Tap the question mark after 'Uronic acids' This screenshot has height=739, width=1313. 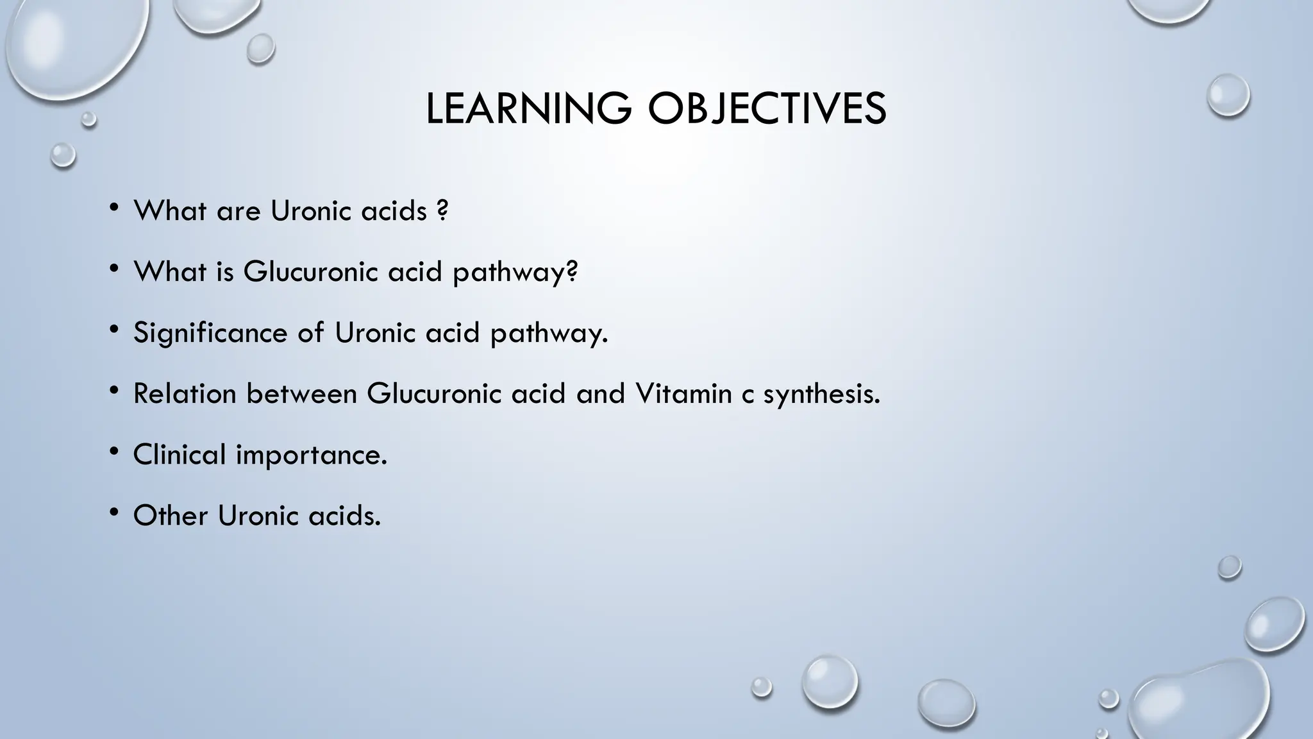point(442,211)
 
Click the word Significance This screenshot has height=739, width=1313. point(210,333)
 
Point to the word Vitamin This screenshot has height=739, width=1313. point(683,393)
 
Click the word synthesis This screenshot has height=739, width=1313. point(821,394)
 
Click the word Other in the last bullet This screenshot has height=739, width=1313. point(170,515)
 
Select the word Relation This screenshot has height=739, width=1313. point(185,393)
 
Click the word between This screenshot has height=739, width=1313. point(301,393)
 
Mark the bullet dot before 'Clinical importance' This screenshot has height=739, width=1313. point(114,452)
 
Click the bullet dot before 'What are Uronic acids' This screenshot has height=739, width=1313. point(114,208)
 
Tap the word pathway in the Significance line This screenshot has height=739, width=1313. point(548,333)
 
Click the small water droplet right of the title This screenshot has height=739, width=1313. point(1228,95)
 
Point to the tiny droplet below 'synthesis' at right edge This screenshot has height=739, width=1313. point(1229,567)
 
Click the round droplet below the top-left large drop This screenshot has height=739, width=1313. point(63,155)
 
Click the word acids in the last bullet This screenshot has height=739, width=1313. point(344,515)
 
